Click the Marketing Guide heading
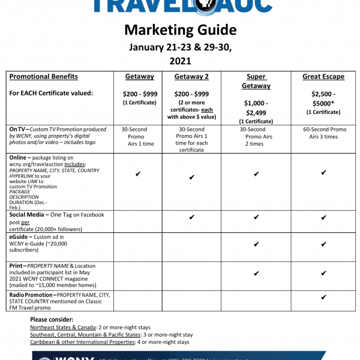(180, 29)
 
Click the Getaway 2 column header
(191, 77)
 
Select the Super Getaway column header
(256, 81)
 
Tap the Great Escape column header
(323, 77)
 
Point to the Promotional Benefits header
(44, 77)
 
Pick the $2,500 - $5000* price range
(323, 98)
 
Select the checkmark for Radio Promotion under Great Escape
(323, 297)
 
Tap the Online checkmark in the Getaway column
(138, 174)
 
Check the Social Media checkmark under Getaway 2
(191, 218)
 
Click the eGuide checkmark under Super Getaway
(256, 244)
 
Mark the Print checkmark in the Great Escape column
(323, 273)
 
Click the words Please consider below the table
(52, 319)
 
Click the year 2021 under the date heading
(180, 61)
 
